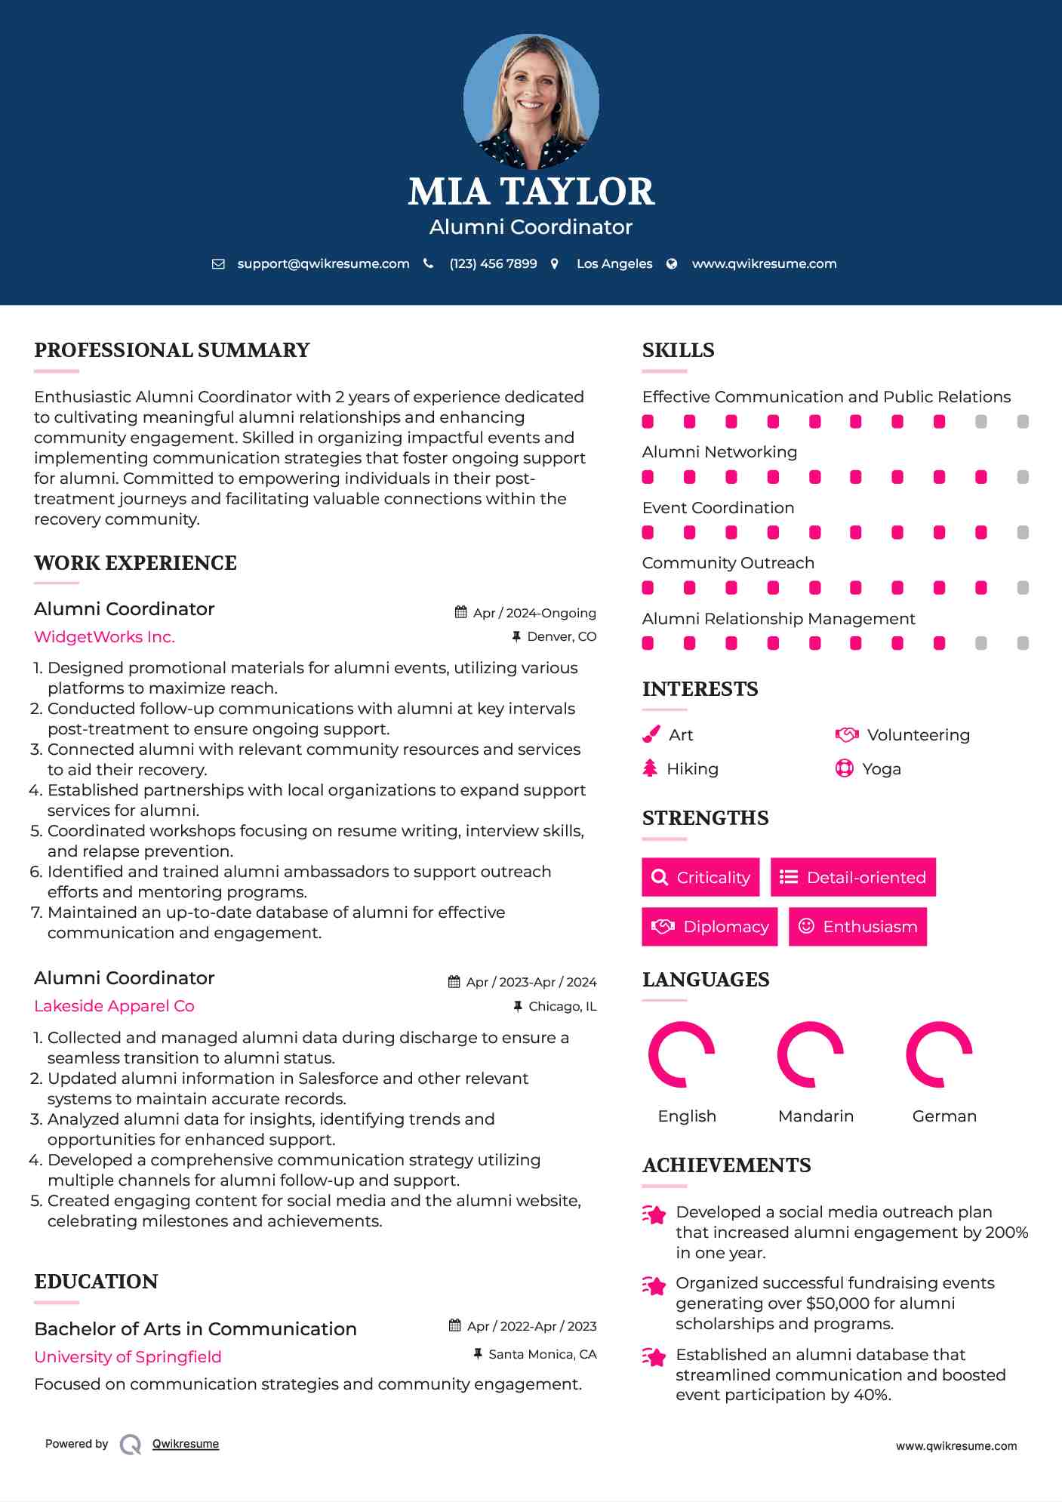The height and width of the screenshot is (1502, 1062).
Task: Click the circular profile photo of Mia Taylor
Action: pos(531,101)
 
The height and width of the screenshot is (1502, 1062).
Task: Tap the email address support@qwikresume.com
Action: pos(323,264)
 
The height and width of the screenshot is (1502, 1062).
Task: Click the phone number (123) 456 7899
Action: pos(493,264)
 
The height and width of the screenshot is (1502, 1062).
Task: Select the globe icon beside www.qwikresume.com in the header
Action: pos(672,264)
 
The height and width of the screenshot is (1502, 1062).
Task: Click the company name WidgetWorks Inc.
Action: pos(104,637)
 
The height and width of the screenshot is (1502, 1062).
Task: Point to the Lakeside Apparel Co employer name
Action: pos(114,1006)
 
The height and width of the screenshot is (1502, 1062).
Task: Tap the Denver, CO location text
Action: pos(561,637)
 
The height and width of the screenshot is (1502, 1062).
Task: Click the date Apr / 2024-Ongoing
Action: pos(534,613)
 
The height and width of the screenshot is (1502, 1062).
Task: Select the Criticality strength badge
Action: pos(700,877)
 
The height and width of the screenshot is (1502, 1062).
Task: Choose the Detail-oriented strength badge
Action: pos(853,877)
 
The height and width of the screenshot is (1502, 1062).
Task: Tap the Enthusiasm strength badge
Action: pos(857,927)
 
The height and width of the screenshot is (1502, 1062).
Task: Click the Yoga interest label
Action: pos(882,769)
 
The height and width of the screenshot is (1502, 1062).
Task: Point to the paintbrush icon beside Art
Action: pos(651,735)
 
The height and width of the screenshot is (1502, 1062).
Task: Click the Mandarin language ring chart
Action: pos(810,1054)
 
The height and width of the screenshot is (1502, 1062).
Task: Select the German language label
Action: pos(944,1116)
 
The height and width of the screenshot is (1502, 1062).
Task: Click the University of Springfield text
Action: pos(128,1357)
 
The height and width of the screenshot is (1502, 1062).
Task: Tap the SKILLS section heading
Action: pos(678,350)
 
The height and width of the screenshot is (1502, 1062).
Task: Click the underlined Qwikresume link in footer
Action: pos(186,1444)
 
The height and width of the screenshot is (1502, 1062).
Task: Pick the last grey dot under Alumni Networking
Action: pos(1023,477)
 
